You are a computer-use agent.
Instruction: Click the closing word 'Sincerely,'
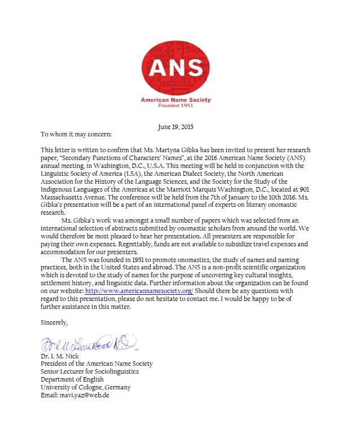[x=54, y=323]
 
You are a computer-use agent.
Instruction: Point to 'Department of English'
[x=72, y=379]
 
